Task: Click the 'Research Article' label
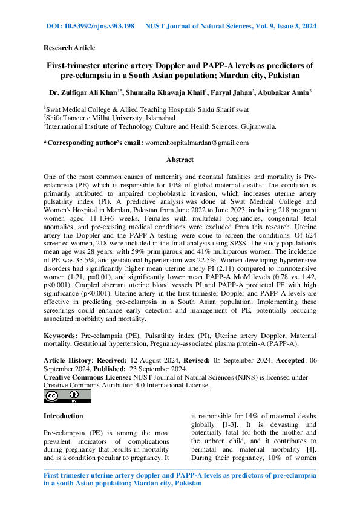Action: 69,48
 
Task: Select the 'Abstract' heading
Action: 180,160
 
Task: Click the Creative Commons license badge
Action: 67,396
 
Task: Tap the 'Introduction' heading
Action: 64,416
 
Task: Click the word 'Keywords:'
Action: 61,334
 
